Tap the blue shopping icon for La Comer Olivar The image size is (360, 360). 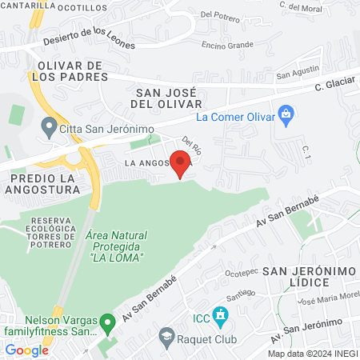285,116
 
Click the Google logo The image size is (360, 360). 26,350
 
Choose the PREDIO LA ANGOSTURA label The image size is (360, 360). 44,183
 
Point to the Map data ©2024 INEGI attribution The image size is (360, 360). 312,354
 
